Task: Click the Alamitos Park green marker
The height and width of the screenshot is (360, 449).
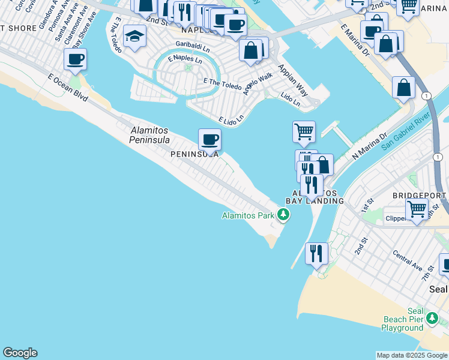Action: coord(282,215)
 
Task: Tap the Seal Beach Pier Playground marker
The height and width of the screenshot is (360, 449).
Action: coord(431,317)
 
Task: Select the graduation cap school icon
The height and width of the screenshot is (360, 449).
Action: coord(134,37)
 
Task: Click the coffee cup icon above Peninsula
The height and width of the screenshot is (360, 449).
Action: coord(209,140)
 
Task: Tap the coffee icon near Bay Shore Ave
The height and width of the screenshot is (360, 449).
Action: coord(76,59)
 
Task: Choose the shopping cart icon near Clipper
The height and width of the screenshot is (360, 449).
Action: coord(417,209)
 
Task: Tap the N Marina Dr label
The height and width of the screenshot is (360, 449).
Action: coord(372,146)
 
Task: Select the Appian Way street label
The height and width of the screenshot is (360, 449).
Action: coord(293,81)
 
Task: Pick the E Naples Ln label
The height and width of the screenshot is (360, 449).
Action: coord(185,59)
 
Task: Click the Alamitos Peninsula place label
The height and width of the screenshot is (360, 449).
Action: coord(150,135)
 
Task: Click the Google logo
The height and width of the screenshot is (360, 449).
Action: coord(20,353)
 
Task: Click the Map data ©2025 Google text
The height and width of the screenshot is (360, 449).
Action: coord(411,355)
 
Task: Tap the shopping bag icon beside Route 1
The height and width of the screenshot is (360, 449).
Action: coord(404,88)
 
